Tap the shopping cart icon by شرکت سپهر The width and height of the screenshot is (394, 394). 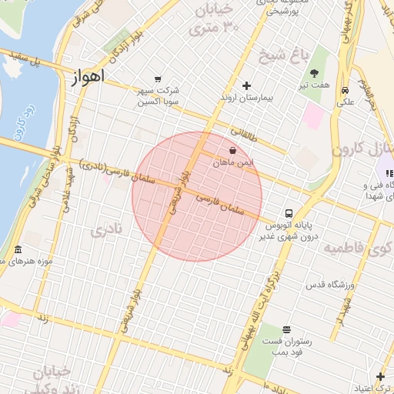click(158, 78)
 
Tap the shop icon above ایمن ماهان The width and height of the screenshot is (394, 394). click(232, 151)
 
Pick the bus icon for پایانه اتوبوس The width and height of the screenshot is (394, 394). click(288, 212)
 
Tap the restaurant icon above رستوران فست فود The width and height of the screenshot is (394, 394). click(287, 329)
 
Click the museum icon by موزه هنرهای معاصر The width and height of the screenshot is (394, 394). click(18, 250)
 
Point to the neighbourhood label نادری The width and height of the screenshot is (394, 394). click(106, 230)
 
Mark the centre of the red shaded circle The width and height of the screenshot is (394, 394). click(197, 196)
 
